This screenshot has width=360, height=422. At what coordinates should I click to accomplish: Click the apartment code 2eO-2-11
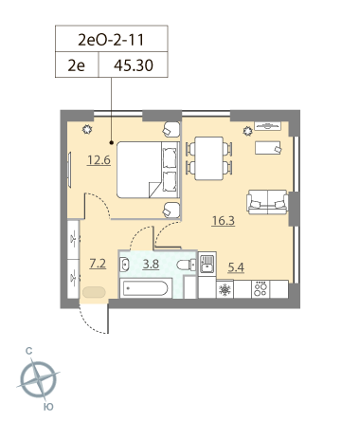point(111,40)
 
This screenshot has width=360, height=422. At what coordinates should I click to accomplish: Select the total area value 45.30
point(134,65)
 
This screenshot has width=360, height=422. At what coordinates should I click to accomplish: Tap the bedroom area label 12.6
point(99,160)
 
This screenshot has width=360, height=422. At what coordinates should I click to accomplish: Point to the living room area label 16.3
point(224,221)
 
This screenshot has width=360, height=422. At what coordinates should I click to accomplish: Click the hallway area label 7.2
point(98,264)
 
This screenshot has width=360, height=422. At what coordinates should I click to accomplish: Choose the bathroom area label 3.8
point(151,264)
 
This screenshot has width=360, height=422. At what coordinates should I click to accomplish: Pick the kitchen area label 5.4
point(236,267)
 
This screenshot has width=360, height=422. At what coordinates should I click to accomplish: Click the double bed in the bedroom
point(148,170)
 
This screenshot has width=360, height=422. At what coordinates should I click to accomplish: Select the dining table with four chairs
point(209,158)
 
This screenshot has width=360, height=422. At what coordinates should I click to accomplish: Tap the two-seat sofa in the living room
point(267,202)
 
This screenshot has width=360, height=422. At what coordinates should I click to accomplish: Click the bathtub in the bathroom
point(145,288)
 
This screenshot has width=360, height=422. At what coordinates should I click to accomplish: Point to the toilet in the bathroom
point(187,265)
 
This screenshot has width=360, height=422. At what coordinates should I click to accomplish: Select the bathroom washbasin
point(124,265)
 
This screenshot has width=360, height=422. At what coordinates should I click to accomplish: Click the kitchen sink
point(207,264)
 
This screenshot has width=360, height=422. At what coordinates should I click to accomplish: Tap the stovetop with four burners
point(261,289)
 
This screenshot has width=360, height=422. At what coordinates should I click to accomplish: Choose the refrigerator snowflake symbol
point(225,289)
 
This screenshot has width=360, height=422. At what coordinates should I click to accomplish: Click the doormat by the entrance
point(94,292)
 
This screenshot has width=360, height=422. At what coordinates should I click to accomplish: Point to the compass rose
point(39,379)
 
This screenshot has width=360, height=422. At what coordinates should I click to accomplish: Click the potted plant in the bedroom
point(87,129)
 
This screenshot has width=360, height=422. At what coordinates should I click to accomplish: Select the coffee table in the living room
point(268,148)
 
